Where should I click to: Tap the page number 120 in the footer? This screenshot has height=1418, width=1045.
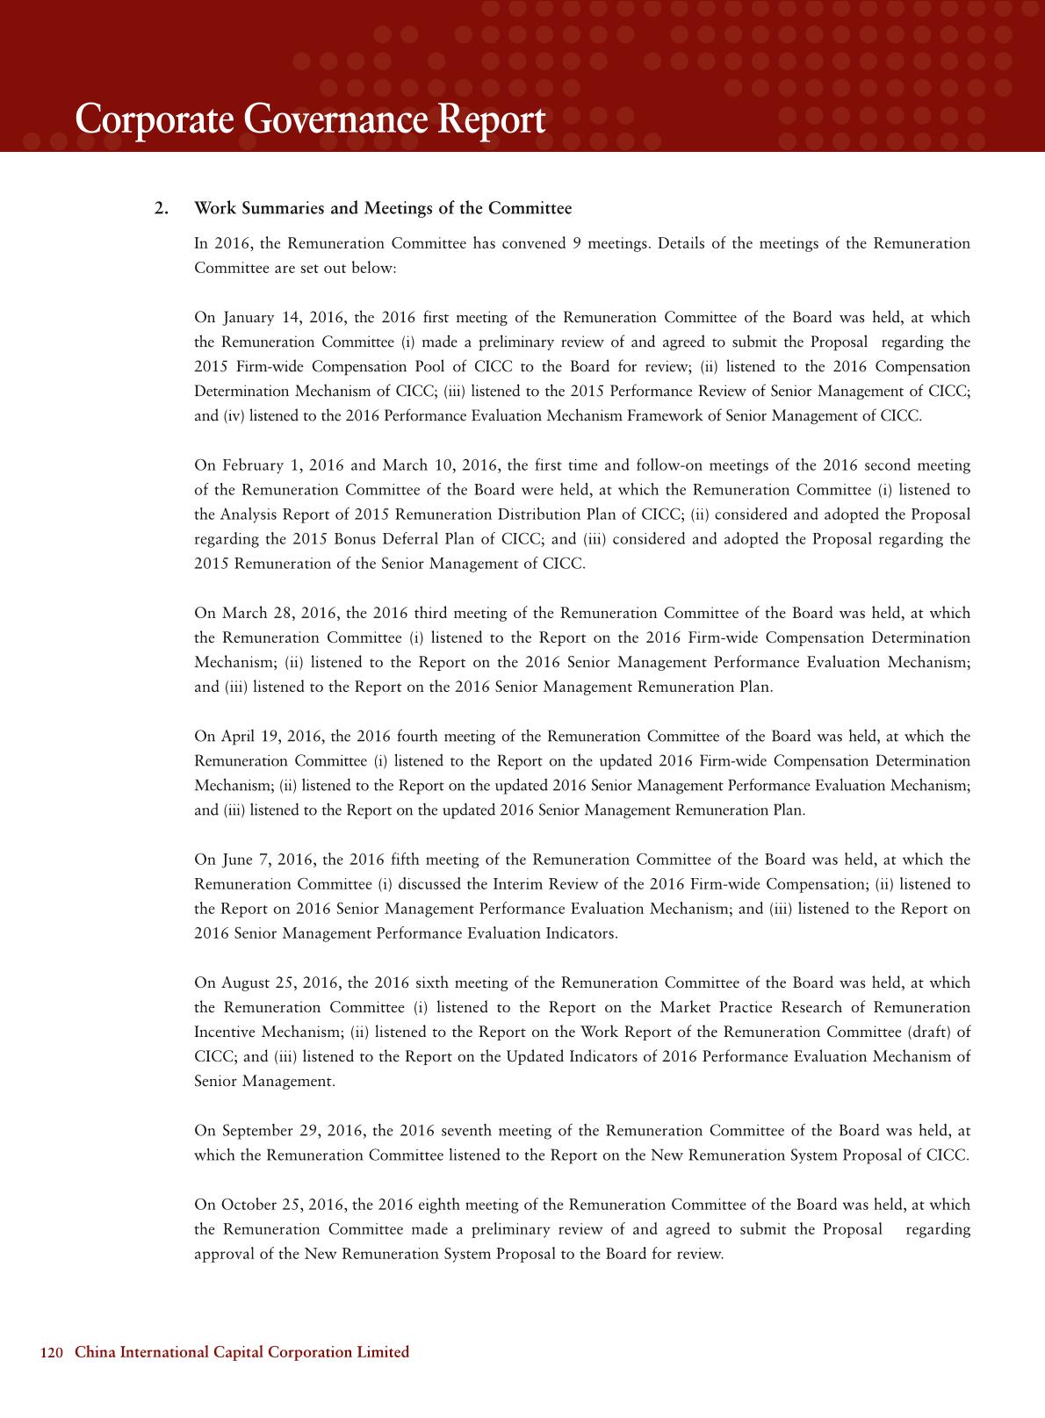tap(53, 1353)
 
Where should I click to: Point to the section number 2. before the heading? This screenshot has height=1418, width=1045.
tap(161, 209)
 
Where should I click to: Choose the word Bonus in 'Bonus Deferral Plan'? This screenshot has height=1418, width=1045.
tap(354, 539)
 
